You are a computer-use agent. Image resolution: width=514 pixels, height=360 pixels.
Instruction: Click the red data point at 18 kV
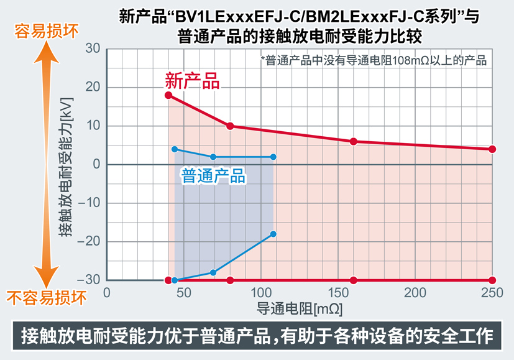168,95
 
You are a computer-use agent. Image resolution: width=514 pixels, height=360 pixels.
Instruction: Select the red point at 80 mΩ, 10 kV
230,126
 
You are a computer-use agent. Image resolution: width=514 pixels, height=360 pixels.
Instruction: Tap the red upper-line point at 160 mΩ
354,142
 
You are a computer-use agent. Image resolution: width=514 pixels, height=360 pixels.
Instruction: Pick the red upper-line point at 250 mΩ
492,149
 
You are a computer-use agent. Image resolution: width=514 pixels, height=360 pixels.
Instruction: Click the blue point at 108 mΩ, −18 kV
273,234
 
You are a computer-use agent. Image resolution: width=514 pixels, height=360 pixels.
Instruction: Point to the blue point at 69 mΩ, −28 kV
213,272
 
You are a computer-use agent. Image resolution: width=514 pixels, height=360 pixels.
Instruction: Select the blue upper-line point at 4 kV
175,149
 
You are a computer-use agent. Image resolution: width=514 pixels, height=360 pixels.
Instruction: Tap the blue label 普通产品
213,176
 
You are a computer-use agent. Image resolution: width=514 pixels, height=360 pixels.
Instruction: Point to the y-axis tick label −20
89,241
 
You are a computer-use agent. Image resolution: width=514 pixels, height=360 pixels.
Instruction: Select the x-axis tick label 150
337,293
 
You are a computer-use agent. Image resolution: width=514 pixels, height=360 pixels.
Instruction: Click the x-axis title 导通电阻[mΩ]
300,308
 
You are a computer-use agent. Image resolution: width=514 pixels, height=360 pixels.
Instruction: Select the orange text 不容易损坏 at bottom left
46,297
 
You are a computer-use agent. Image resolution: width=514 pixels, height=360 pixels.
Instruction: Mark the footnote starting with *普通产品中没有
374,60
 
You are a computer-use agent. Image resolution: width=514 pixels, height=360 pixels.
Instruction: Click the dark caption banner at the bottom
257,336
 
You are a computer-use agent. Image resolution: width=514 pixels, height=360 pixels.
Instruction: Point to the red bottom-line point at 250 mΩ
492,280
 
